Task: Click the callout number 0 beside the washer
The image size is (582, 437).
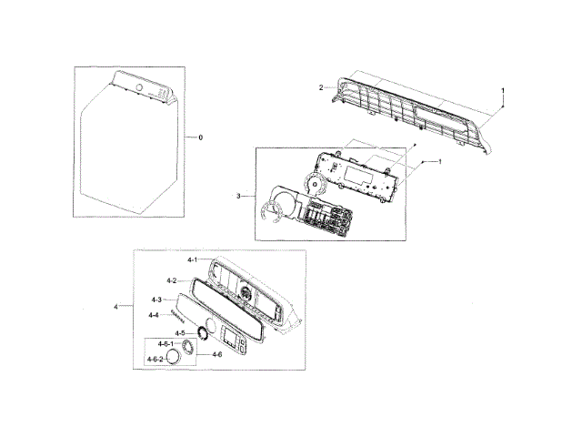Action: coord(201,137)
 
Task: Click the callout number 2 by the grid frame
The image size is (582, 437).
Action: coord(321,87)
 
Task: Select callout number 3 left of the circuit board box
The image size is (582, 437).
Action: coord(238,196)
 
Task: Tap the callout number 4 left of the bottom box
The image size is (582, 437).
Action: coord(116,307)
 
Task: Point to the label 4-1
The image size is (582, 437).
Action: coord(193,261)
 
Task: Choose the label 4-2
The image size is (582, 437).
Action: coord(171,280)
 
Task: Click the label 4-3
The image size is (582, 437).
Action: coord(156,300)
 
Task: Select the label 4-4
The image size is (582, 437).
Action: coord(154,315)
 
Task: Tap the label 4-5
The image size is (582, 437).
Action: coord(180,333)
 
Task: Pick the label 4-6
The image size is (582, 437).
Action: coord(217,353)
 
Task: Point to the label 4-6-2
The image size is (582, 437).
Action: coord(156,360)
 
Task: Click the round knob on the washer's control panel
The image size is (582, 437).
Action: coord(138,87)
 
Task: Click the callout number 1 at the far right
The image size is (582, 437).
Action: coord(503,91)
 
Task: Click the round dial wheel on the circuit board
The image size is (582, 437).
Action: coord(316,187)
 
